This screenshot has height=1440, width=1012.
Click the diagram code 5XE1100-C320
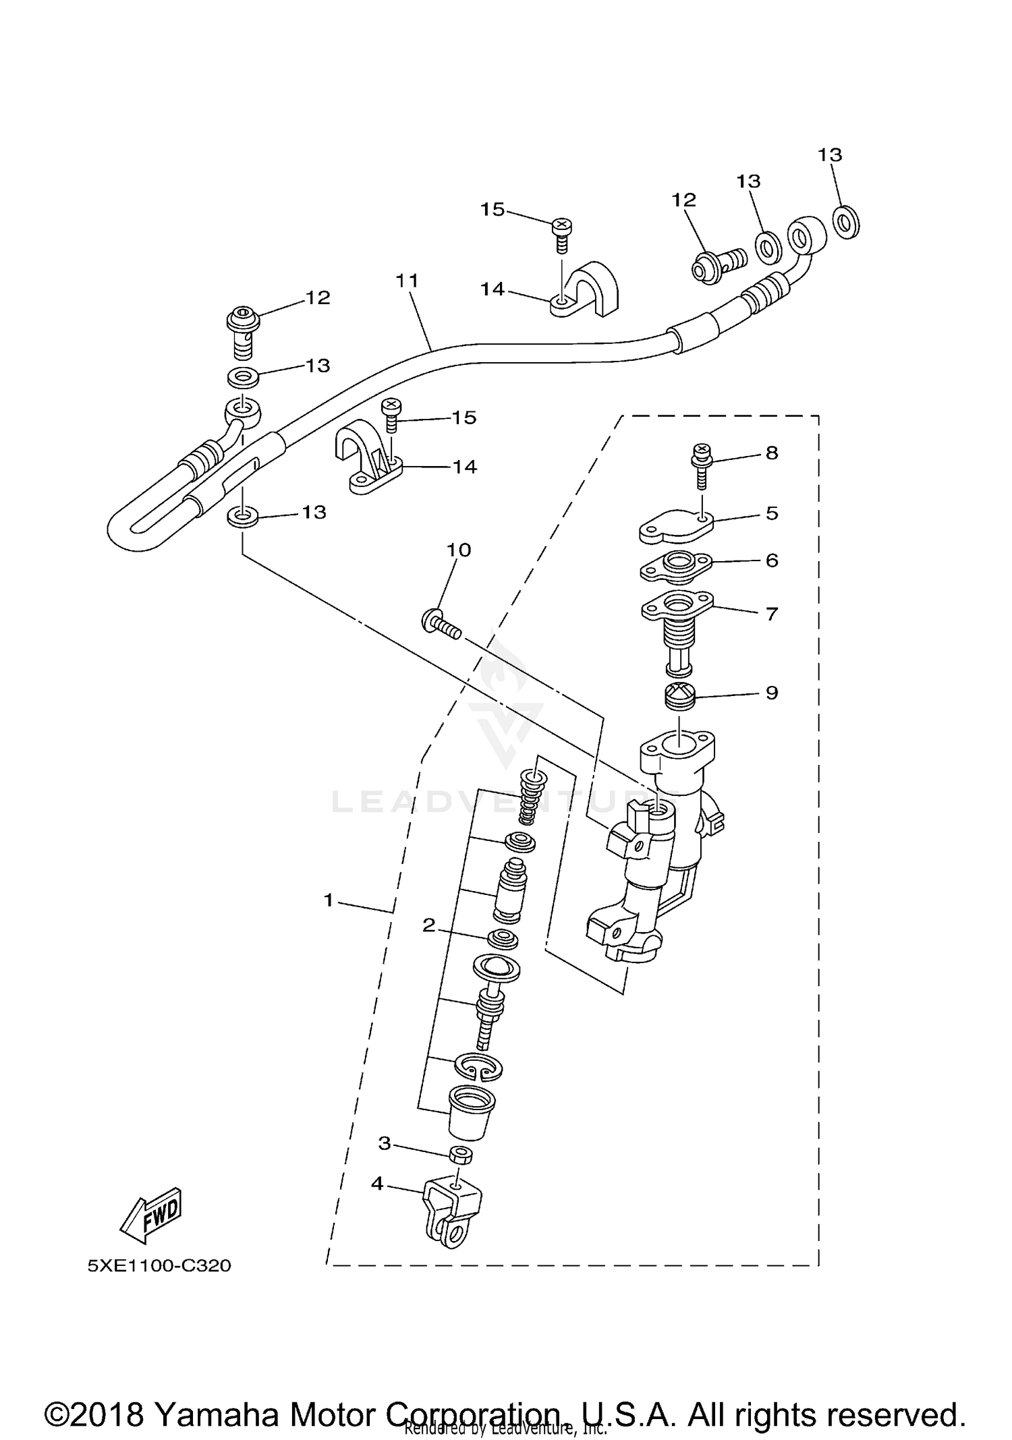[x=159, y=1265]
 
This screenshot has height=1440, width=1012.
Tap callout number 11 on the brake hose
[x=407, y=280]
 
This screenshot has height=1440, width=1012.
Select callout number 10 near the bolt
[x=459, y=550]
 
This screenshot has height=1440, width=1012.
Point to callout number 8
[x=772, y=453]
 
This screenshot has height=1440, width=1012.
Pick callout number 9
[x=772, y=693]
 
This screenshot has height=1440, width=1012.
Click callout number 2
[x=429, y=925]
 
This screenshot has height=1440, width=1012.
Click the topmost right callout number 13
[x=830, y=154]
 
